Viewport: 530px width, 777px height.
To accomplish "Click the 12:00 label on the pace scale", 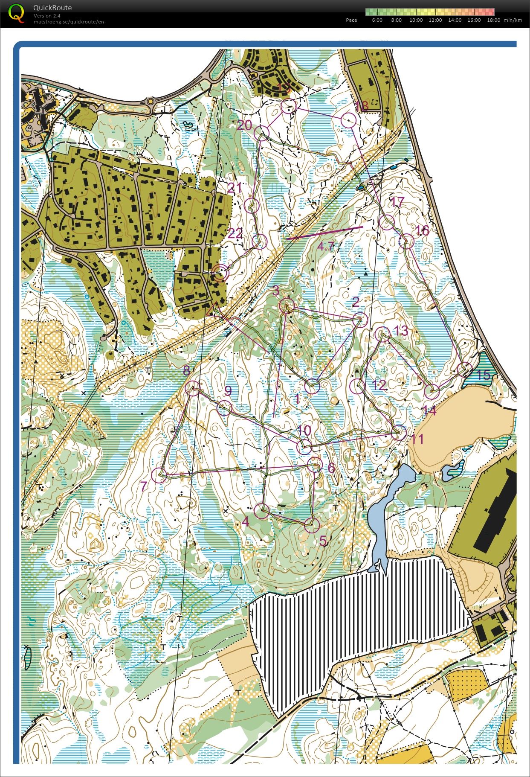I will click(x=435, y=20).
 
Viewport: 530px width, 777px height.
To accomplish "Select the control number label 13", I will click(x=401, y=330).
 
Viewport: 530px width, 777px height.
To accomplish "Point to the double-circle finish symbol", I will click(x=220, y=273).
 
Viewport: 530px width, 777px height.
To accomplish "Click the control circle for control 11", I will click(x=399, y=433).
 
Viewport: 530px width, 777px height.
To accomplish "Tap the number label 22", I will click(x=235, y=233).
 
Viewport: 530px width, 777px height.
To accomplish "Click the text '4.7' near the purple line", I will click(x=326, y=245).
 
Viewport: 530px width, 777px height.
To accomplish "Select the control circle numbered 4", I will click(x=262, y=511).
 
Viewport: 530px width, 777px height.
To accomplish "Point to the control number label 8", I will click(x=186, y=371).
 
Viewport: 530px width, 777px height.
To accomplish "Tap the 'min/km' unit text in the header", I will click(x=513, y=20).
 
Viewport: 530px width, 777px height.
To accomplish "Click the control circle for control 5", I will click(x=312, y=525).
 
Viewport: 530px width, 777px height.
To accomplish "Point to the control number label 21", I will click(x=235, y=188).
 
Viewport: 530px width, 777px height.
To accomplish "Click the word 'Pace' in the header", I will click(x=351, y=20).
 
